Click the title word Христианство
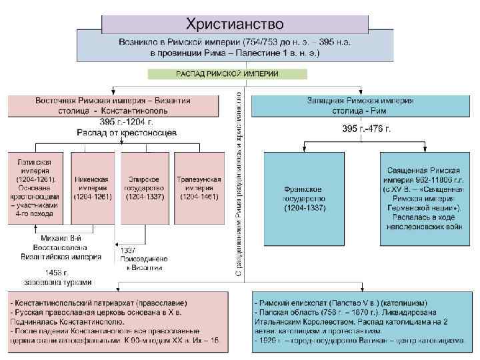click(235, 24)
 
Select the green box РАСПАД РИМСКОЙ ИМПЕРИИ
click(227, 73)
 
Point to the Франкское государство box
click(304, 199)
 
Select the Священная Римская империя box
click(426, 199)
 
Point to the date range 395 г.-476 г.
click(366, 127)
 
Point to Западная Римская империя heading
click(360, 101)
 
